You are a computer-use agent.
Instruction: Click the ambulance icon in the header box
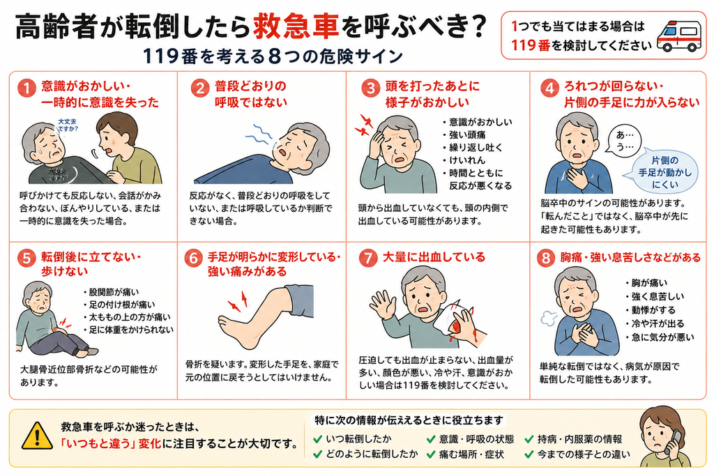[679, 35]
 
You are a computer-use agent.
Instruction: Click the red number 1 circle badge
[26, 88]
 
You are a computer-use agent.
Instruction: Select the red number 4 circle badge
[549, 88]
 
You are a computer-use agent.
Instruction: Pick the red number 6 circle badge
[194, 258]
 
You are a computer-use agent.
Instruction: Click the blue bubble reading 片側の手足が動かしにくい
[664, 172]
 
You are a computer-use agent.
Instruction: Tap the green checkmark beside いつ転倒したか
[318, 439]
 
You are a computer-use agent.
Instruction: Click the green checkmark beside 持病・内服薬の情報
[529, 439]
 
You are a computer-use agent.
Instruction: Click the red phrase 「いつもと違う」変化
[111, 443]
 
